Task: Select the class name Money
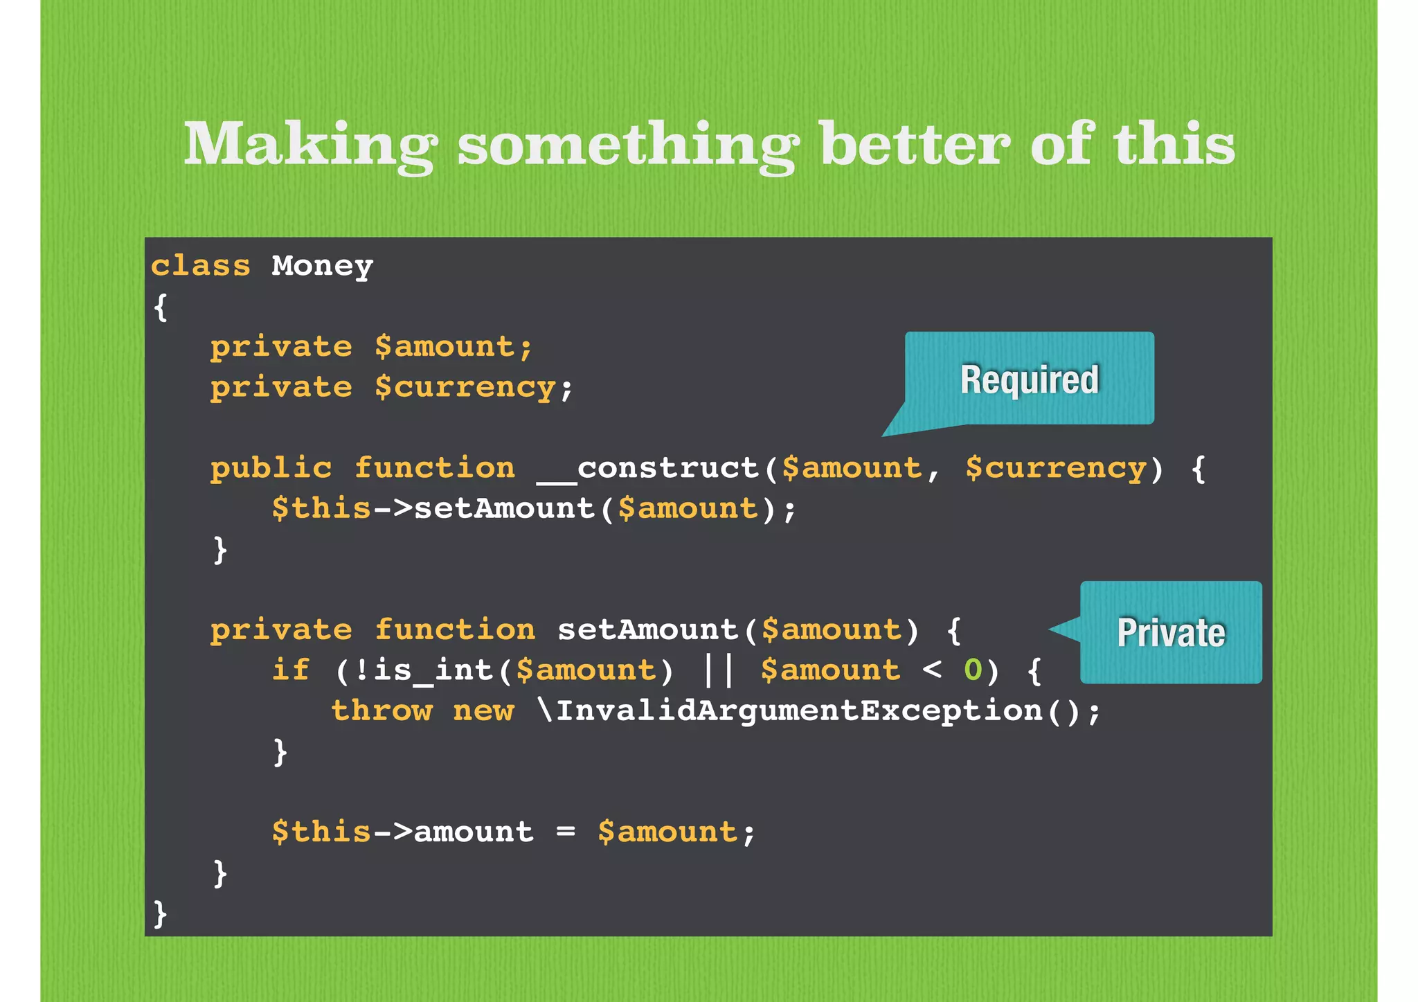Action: (x=322, y=267)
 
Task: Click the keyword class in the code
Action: (x=201, y=267)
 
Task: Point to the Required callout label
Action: (x=1029, y=379)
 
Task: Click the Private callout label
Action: (x=1171, y=632)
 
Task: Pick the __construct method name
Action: (x=649, y=469)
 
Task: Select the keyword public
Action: (x=271, y=469)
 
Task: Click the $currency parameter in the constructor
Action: (x=1056, y=469)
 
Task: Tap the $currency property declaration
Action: (x=465, y=388)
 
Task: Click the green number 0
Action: (x=973, y=670)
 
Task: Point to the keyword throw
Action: (x=382, y=711)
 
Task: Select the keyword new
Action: (x=483, y=711)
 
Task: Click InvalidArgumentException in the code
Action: (x=799, y=711)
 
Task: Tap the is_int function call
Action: (x=433, y=670)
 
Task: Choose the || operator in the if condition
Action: (x=718, y=670)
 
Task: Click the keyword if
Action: (x=290, y=670)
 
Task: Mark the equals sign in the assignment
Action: (x=566, y=832)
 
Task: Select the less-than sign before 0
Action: (x=932, y=670)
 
